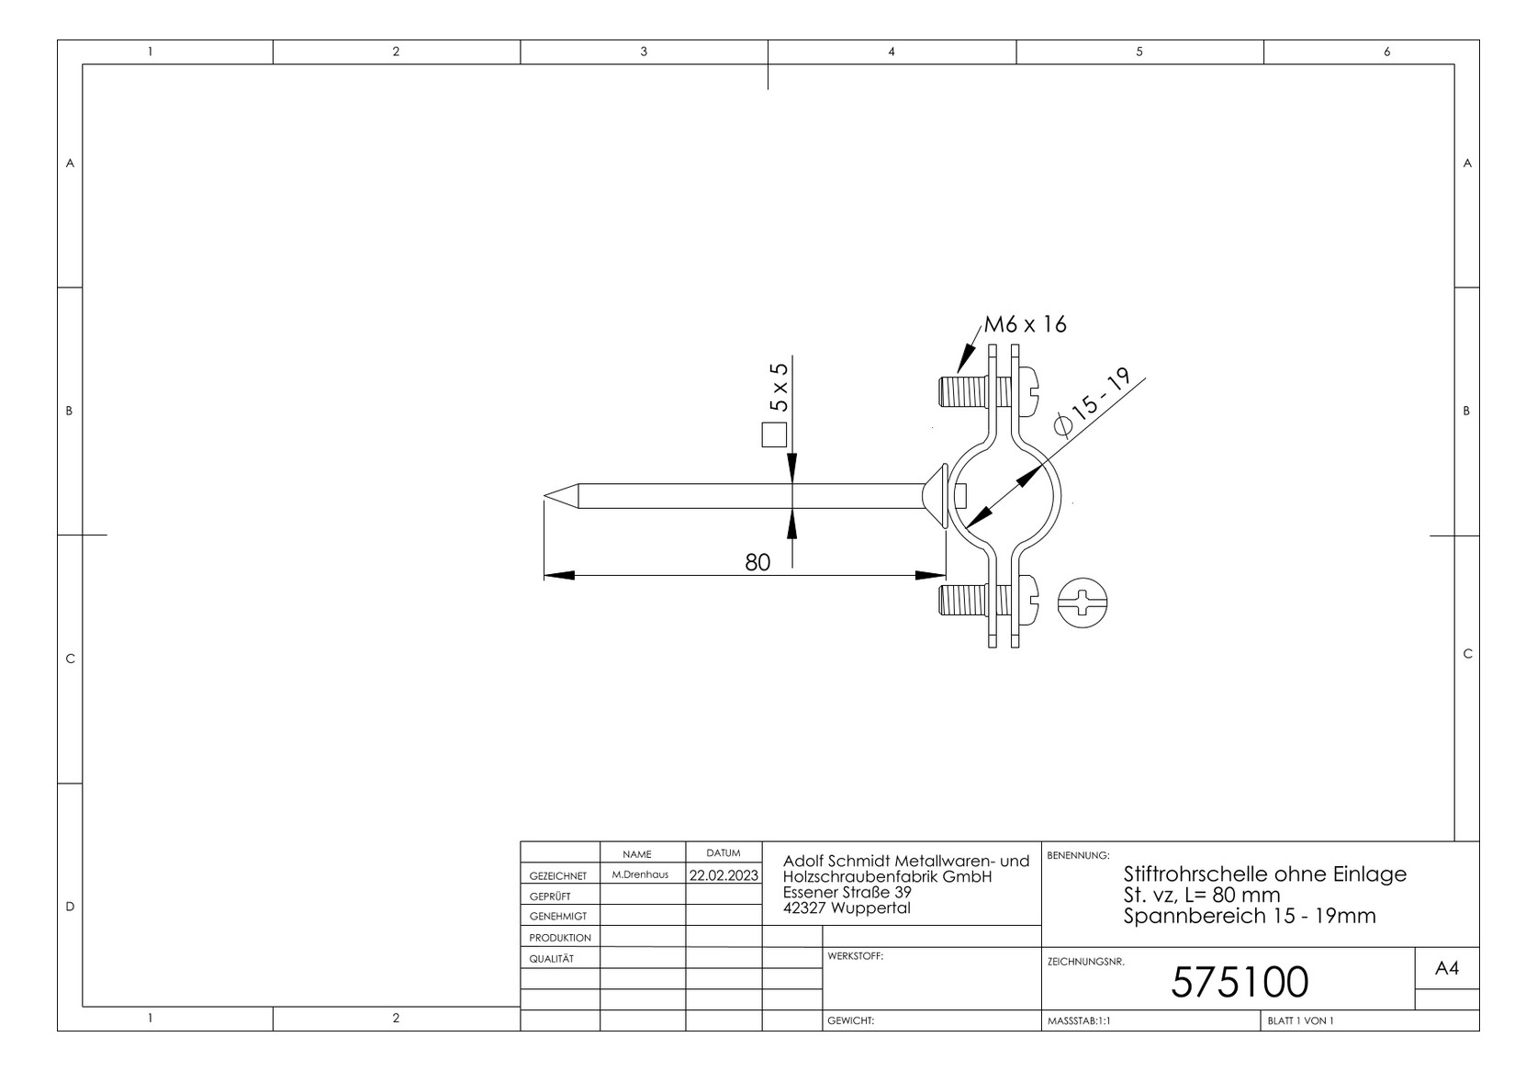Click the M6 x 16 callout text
tap(1025, 324)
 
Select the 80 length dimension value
tap(757, 562)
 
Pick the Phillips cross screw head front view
tap(1083, 603)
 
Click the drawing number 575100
tap(1239, 982)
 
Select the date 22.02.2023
tap(724, 875)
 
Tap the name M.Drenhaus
tap(640, 875)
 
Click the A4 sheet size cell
tap(1446, 968)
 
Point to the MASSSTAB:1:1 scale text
tap(1079, 1020)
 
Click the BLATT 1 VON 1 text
tap(1300, 1020)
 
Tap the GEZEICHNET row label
tap(557, 876)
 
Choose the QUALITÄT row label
tap(551, 959)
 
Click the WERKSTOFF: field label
tap(855, 956)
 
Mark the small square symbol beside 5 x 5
tap(774, 434)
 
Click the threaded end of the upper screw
tap(951, 393)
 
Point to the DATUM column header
tap(724, 853)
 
